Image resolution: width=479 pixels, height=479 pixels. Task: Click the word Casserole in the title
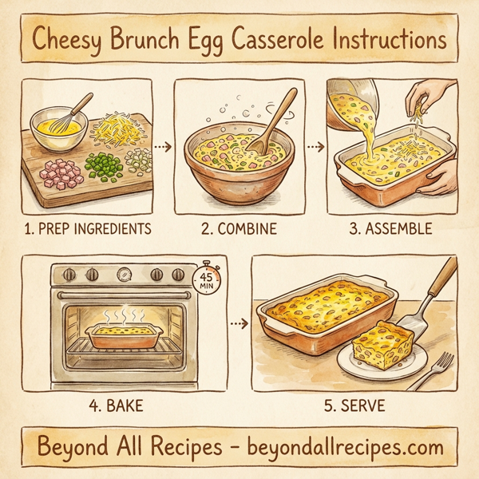pyautogui.click(x=279, y=40)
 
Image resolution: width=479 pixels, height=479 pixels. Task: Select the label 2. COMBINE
pyautogui.click(x=239, y=229)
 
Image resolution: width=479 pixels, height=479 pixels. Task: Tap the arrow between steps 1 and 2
pyautogui.click(x=162, y=147)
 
